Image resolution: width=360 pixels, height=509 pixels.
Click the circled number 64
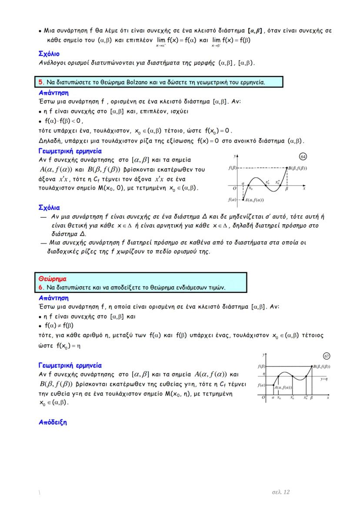point(303,156)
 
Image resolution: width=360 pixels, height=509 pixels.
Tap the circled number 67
point(327,356)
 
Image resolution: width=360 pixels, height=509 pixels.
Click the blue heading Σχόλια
point(49,207)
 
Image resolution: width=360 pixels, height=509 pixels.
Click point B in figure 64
point(287,168)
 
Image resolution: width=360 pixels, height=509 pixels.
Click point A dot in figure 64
point(243,199)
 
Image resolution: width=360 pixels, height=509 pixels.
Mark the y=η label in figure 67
point(323,379)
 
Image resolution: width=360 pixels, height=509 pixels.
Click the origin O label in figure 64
point(234,189)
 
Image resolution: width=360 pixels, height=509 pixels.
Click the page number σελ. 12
point(281,492)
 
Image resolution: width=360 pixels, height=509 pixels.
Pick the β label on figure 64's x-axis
point(287,189)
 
